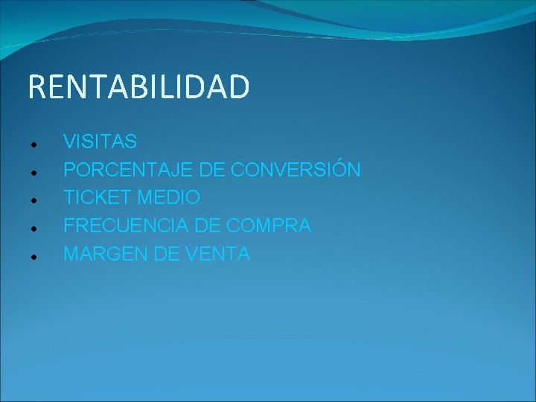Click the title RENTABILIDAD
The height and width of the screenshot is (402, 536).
click(x=138, y=87)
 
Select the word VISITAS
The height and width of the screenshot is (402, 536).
click(x=100, y=141)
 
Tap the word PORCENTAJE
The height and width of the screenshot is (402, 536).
click(x=128, y=170)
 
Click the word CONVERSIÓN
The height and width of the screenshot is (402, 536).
click(x=296, y=170)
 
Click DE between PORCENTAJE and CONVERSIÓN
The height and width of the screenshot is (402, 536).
click(x=211, y=170)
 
